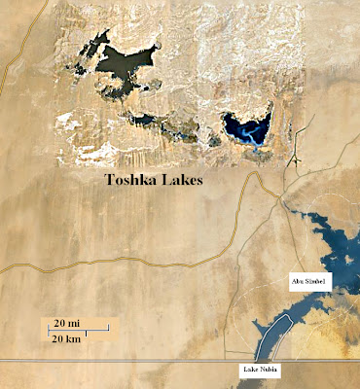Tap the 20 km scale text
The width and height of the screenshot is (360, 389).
pos(67,338)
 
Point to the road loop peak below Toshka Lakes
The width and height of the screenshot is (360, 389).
pos(257,175)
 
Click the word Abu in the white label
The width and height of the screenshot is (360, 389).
pos(299,281)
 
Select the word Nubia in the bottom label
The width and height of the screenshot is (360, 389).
pos(270,371)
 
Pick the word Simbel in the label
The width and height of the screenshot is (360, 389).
pos(317,281)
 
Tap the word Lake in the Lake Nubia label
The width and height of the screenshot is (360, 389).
pos(250,371)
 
